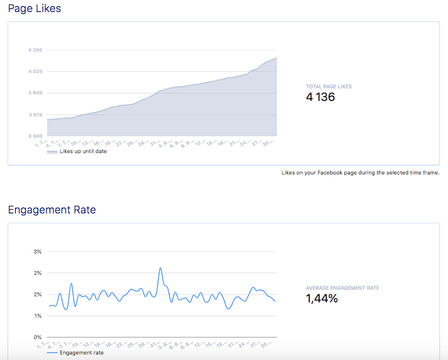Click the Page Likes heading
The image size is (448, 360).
pyautogui.click(x=35, y=9)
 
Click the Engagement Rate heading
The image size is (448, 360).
pyautogui.click(x=52, y=210)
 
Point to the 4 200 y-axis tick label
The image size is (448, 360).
pyautogui.click(x=35, y=50)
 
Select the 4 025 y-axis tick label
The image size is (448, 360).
pyautogui.click(x=35, y=71)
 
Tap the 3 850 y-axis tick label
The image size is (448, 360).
pyautogui.click(x=35, y=93)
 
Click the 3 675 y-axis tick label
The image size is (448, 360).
pyautogui.click(x=35, y=115)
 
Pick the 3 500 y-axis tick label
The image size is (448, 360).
pyautogui.click(x=35, y=136)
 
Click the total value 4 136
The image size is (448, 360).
pyautogui.click(x=320, y=97)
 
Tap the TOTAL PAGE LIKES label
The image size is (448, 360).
pyautogui.click(x=329, y=87)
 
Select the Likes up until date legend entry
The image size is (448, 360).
pyautogui.click(x=83, y=151)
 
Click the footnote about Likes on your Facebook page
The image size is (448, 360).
pyautogui.click(x=360, y=173)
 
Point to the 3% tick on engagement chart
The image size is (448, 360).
pyautogui.click(x=38, y=251)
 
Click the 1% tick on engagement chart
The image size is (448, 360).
pyautogui.click(x=38, y=316)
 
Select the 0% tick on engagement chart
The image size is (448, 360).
pyautogui.click(x=38, y=337)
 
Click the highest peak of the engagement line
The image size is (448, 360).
pyautogui.click(x=160, y=268)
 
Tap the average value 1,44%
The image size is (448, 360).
pyautogui.click(x=322, y=299)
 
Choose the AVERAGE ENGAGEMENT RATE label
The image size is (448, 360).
pyautogui.click(x=342, y=288)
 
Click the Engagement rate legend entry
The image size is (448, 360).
pyautogui.click(x=81, y=353)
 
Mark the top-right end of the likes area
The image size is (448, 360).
pyautogui.click(x=276, y=58)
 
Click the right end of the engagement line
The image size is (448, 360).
pyautogui.click(x=275, y=301)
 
